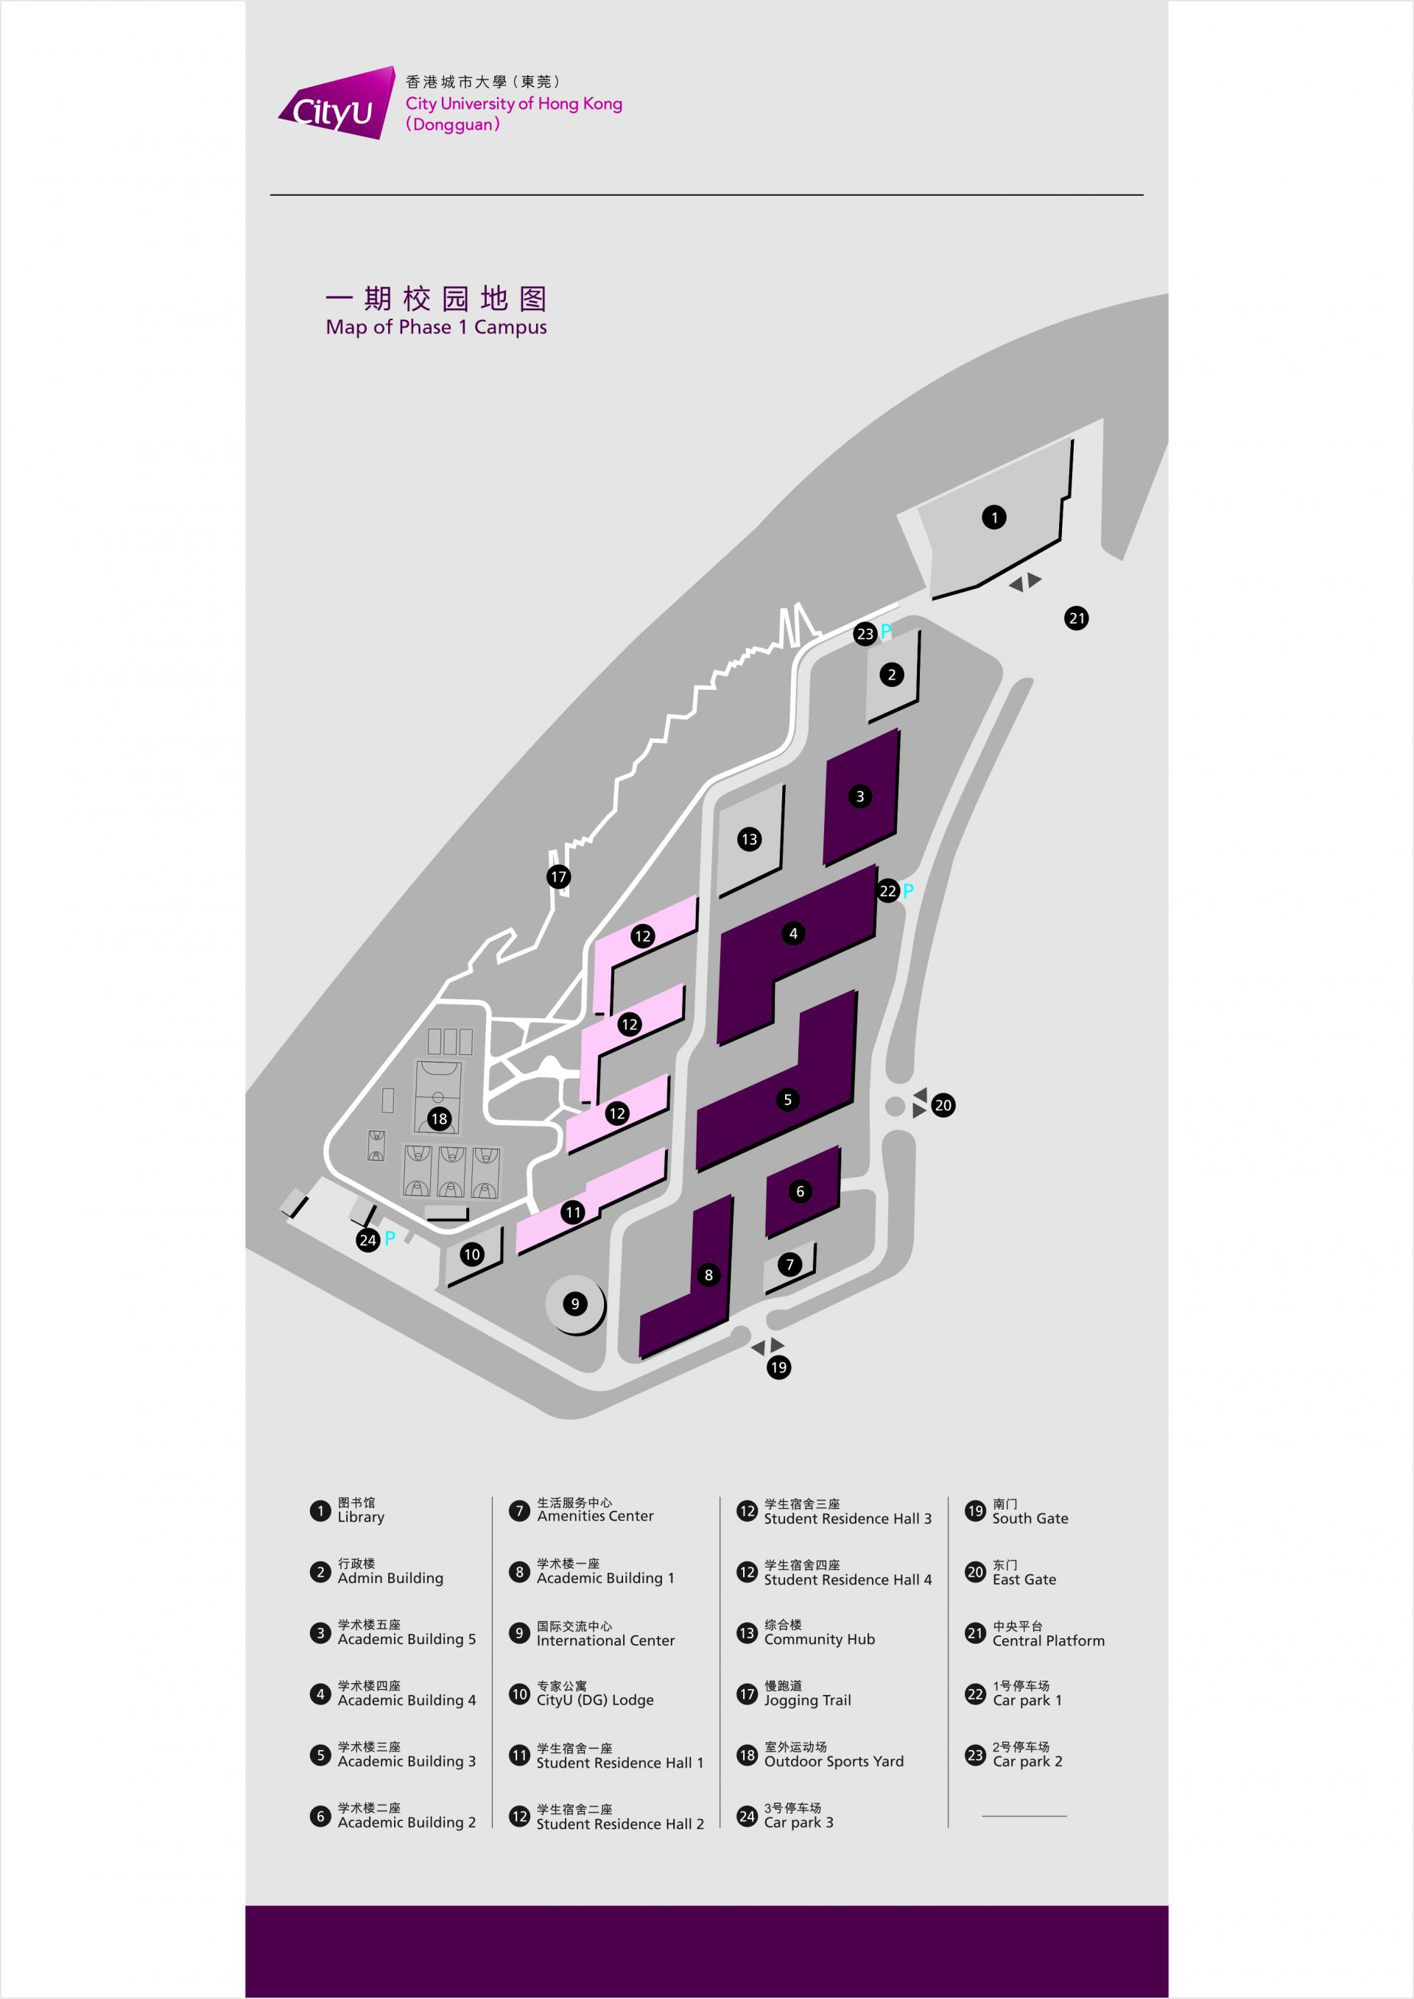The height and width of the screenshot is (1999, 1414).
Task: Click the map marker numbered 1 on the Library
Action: (994, 517)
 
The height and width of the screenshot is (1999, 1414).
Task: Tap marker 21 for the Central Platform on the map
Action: (1077, 618)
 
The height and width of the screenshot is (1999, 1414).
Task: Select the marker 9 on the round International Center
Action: (574, 1303)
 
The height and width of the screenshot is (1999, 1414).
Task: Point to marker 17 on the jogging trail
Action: (559, 877)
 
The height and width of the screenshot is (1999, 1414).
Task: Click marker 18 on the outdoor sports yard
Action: (439, 1119)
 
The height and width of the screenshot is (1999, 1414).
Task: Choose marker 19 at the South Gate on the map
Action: (778, 1367)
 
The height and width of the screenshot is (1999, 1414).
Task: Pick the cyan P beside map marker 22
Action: (908, 890)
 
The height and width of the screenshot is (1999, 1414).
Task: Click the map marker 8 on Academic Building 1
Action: (708, 1275)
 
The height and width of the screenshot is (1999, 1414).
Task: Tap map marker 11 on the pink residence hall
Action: (573, 1212)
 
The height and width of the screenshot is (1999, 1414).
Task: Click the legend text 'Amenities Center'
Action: (596, 1516)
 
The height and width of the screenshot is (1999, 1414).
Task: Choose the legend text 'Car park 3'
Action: (798, 1822)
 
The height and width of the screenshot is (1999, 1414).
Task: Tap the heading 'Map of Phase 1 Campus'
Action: (436, 328)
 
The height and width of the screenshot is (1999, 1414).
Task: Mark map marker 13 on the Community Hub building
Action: (749, 839)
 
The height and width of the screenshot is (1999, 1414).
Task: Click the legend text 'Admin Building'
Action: (390, 1578)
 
